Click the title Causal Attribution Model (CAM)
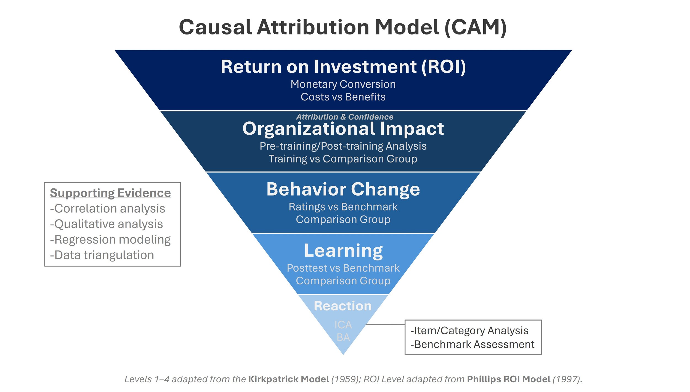343,27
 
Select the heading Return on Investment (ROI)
343,67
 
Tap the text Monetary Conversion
343,84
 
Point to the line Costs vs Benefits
343,97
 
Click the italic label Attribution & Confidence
345,117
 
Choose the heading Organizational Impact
343,129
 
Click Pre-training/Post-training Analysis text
343,146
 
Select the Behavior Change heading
343,190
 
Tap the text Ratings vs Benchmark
343,207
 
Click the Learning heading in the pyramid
343,250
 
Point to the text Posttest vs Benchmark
343,268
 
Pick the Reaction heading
343,306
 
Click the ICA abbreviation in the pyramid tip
343,325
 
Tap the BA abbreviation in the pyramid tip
343,337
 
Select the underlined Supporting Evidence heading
110,193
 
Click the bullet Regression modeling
110,239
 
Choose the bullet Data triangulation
102,255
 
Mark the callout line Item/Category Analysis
469,330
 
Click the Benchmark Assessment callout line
473,344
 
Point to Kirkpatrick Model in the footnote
289,379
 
